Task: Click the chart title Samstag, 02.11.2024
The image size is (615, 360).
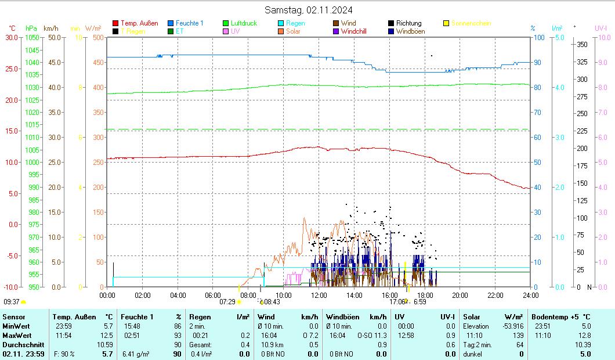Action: point(308,10)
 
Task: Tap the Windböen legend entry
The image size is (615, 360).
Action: point(410,31)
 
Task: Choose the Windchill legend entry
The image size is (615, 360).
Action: point(353,31)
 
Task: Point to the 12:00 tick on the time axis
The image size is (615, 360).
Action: point(319,295)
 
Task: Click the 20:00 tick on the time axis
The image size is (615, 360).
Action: point(460,295)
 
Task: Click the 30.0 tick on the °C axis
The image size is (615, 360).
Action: point(12,37)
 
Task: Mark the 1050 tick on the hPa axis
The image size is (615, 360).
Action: point(32,37)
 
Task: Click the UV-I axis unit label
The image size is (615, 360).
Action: point(600,28)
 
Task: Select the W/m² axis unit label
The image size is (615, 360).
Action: point(93,28)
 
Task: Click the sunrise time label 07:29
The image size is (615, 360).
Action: point(227,302)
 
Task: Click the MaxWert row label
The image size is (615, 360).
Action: point(16,335)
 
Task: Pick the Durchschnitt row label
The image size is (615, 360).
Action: point(21,344)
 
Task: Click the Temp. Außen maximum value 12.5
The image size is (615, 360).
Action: point(107,335)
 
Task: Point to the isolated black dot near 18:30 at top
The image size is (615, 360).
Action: point(431,56)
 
